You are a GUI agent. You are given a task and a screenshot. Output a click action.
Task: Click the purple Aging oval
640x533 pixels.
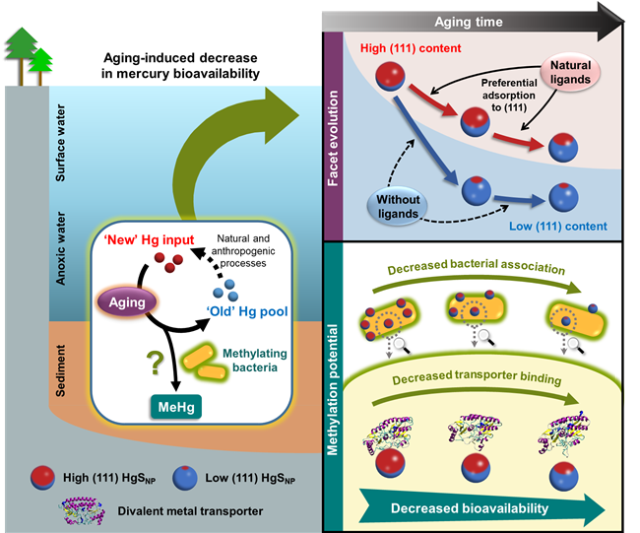coord(127,302)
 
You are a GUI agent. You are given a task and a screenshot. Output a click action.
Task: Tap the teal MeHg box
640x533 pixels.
coord(176,407)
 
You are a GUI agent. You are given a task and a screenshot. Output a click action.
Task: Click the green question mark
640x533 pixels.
coord(156,364)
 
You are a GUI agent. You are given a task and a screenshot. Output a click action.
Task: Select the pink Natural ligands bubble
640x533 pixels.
coord(570,72)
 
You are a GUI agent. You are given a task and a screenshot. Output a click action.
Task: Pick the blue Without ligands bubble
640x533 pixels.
coord(398,206)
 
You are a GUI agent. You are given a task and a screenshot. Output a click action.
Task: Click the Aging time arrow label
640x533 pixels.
coord(468,22)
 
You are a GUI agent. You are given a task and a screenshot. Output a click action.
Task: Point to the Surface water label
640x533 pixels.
coord(60,143)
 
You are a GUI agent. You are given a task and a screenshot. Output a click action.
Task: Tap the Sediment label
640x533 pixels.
coord(60,370)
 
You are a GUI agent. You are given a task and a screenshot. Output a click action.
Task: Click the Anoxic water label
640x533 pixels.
coord(60,248)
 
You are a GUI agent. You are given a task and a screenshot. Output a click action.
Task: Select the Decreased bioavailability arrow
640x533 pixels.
coord(481,508)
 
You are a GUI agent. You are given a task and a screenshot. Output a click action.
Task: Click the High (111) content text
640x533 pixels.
coord(411,48)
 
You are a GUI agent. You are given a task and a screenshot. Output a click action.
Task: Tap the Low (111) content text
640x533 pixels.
coord(558,226)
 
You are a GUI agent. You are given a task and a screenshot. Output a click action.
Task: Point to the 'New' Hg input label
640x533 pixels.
coord(149,239)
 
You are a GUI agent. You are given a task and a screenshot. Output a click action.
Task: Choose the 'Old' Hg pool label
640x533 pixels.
coord(247,311)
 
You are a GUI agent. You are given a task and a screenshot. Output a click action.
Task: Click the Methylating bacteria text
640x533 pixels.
coord(255,361)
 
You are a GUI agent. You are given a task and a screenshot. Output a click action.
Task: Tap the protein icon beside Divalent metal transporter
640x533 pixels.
coord(82,510)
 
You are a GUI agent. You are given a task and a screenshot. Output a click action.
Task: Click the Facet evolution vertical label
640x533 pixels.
coord(333,138)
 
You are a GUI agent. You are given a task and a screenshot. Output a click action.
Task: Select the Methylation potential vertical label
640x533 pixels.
coord(333,389)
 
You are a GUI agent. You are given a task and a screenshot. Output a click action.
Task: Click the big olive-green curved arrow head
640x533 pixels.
coord(280,115)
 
